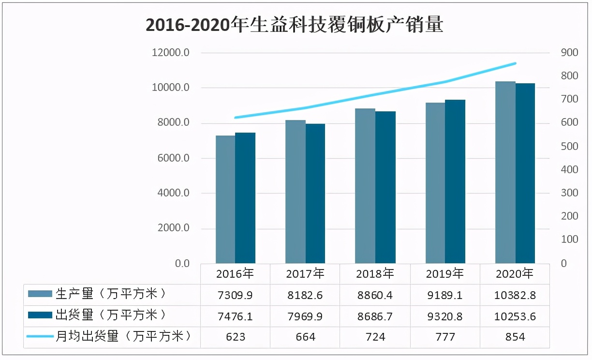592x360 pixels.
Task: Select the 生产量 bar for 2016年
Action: tap(225, 199)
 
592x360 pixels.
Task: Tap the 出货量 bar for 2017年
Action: tap(315, 194)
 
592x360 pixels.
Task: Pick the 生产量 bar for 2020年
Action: tap(505, 172)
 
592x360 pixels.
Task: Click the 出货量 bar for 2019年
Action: tap(455, 181)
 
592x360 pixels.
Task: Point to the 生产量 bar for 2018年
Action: tap(365, 186)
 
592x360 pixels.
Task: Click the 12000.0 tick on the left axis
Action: tap(170, 53)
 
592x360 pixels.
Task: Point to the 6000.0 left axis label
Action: tap(172, 158)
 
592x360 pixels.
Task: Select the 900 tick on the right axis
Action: tap(569, 53)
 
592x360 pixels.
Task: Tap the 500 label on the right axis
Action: tap(569, 146)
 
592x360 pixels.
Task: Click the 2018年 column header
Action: tap(375, 274)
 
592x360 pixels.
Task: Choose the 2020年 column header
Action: tap(515, 274)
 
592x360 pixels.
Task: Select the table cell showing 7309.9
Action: tap(235, 295)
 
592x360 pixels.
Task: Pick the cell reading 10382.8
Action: tap(515, 295)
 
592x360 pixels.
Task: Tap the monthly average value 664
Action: tap(305, 337)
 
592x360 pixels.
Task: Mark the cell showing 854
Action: tap(515, 337)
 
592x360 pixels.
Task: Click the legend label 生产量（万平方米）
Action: tap(111, 294)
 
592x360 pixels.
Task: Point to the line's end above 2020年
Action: tap(515, 63)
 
